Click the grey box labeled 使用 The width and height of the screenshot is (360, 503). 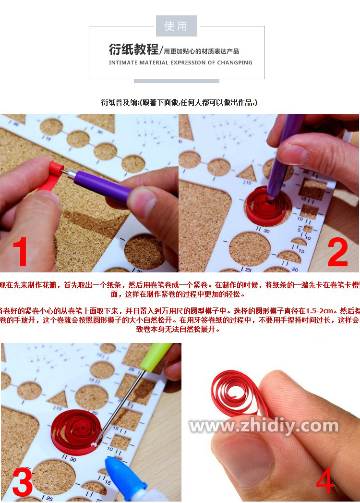[x=176, y=26]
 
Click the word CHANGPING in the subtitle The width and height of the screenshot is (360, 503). [x=234, y=62]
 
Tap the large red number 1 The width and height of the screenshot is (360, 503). [x=20, y=253]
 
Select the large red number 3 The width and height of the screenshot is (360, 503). [x=22, y=482]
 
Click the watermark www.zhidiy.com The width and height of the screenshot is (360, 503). [x=264, y=426]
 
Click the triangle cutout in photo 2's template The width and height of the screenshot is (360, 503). [x=246, y=173]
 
